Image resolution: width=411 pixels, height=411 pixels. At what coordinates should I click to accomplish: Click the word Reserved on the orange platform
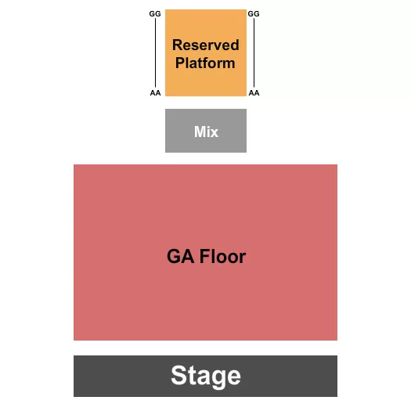206,45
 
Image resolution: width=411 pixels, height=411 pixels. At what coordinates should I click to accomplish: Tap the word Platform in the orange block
205,63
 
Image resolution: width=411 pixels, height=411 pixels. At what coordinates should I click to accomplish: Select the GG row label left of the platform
154,14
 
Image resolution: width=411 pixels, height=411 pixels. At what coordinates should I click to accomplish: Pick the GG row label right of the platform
253,14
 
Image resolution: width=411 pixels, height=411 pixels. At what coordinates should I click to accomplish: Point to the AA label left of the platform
154,92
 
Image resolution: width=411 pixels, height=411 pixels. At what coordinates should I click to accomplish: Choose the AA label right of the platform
253,92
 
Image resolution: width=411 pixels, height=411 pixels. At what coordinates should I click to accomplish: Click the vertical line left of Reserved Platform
154,52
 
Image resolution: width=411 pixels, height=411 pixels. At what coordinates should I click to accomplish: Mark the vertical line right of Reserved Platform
254,52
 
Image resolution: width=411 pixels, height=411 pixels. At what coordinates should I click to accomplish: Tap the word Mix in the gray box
206,132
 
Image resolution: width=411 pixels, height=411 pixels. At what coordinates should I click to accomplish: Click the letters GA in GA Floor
178,256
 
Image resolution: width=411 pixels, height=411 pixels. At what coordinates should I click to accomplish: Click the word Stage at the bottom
205,377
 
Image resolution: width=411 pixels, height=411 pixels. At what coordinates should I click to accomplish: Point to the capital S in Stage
178,377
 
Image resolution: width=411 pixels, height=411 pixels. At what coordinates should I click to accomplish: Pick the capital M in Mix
199,132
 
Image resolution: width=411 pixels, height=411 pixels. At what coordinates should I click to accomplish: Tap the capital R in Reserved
177,45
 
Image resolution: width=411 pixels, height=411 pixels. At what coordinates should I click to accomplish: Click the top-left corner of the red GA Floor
75,166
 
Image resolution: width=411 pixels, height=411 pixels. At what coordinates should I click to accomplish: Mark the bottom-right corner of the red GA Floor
336,339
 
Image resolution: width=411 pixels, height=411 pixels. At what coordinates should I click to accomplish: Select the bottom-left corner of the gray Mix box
167,151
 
